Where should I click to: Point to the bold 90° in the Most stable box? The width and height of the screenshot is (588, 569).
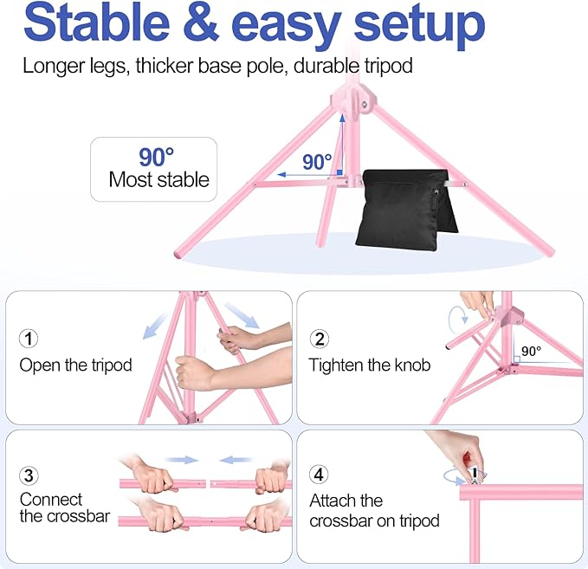tap(157, 157)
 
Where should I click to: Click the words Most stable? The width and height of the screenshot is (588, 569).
tap(159, 180)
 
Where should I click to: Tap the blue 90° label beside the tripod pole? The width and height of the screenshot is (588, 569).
tap(317, 162)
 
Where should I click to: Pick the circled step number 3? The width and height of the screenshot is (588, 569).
tap(30, 475)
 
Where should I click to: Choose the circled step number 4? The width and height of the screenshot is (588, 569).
tap(320, 475)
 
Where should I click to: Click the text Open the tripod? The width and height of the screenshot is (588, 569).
tap(75, 365)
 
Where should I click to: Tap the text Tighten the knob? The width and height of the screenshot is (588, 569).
tap(370, 365)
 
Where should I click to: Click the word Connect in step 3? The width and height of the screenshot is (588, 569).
tap(51, 500)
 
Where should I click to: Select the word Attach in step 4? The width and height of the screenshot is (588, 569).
tap(333, 501)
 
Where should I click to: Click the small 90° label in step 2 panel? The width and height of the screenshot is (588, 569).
tap(531, 352)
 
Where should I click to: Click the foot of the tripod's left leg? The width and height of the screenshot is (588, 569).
tap(180, 254)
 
